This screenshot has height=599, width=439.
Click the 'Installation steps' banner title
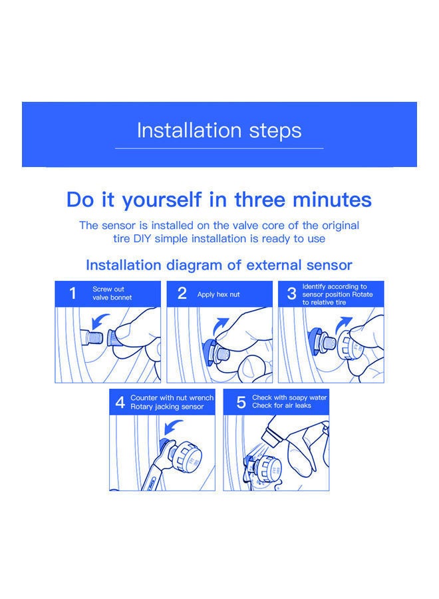pos(219,130)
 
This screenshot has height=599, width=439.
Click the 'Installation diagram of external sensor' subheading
pos(219,265)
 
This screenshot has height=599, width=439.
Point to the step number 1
pos(73,294)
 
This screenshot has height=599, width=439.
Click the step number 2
pos(182,294)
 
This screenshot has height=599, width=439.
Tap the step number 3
pos(291,294)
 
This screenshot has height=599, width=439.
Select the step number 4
pos(120,403)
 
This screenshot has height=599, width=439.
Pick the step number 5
pos(241,403)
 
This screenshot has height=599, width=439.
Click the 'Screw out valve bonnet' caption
pos(112,294)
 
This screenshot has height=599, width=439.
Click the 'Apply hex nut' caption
pos(218,294)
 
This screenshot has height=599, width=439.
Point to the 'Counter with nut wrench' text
pos(172,398)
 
